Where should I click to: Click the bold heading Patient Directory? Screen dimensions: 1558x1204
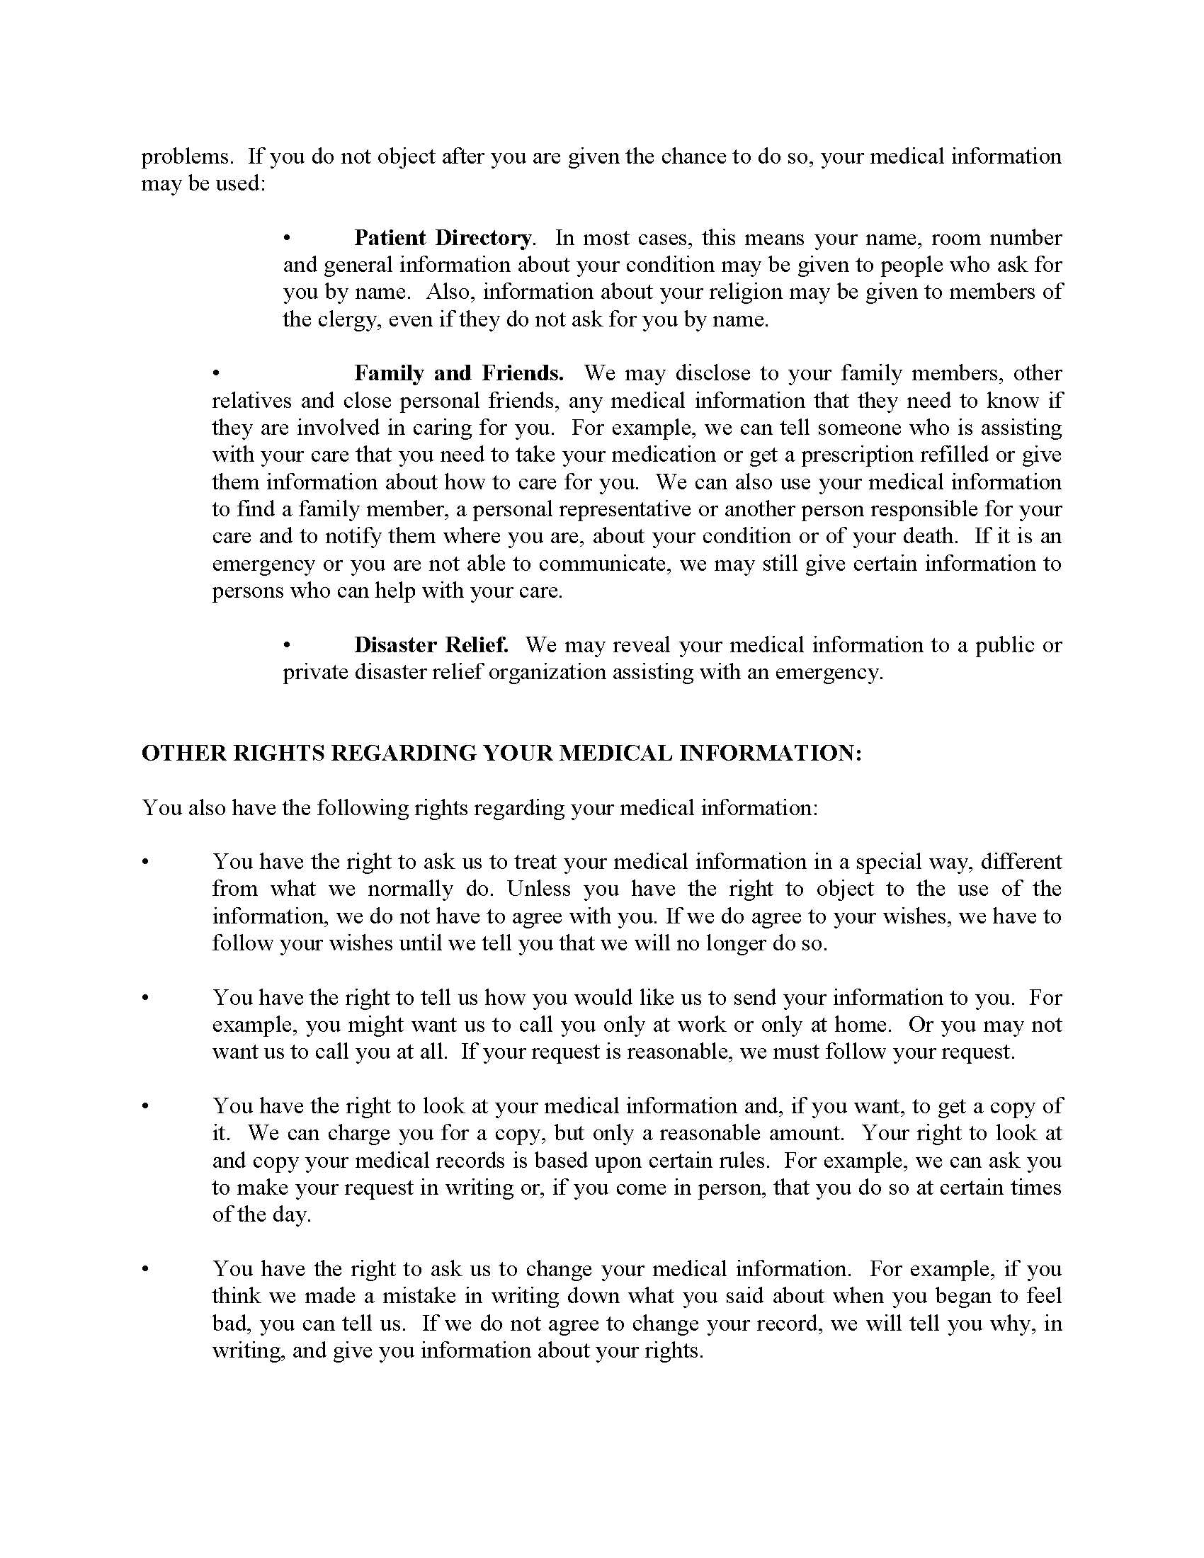click(443, 237)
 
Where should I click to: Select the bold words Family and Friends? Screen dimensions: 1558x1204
click(459, 373)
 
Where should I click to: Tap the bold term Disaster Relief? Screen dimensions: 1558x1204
click(431, 645)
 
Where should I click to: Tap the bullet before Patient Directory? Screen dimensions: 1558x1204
click(287, 237)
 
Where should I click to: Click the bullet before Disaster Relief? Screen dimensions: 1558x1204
click(287, 645)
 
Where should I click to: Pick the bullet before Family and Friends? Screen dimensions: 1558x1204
click(215, 373)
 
